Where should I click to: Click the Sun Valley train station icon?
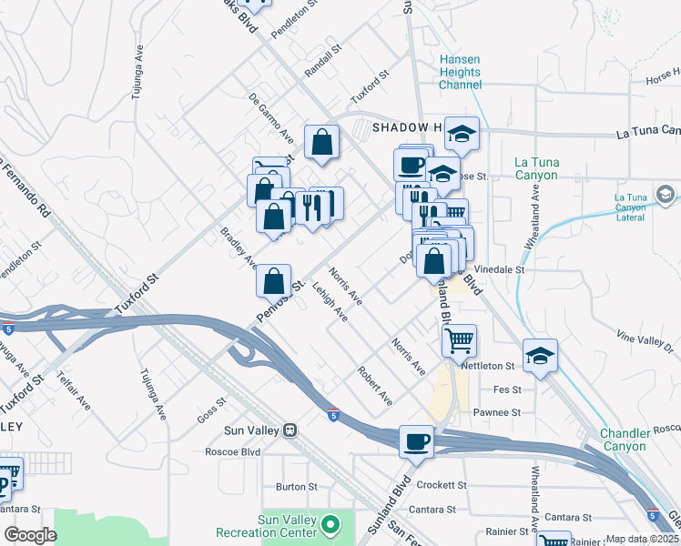tap(290, 430)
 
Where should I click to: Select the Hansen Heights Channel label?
tap(460, 72)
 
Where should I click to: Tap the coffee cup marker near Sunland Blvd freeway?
tap(416, 441)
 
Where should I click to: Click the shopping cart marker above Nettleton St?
tap(460, 341)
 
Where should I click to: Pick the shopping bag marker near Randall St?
tap(321, 142)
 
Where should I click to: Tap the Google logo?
tap(30, 535)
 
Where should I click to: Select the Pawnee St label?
tap(496, 412)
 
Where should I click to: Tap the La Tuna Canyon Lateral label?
tap(643, 207)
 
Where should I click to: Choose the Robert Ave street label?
tap(374, 386)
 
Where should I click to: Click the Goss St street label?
tap(210, 406)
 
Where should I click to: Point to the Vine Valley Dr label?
tap(648, 342)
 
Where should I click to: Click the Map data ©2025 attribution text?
tap(641, 539)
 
